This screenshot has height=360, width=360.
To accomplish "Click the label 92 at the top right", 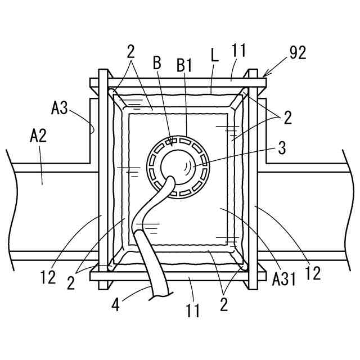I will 298,53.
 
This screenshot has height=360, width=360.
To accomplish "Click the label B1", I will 184,65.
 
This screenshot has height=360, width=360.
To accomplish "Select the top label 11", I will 238,51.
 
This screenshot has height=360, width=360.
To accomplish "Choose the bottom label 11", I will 192,310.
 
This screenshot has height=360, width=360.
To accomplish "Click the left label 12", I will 48,276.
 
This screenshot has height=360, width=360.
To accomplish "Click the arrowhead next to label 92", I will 264,74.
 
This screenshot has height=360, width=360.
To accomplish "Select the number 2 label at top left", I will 131,52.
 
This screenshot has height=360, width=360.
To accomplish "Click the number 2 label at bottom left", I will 70,282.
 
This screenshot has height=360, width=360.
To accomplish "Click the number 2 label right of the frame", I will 287,118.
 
